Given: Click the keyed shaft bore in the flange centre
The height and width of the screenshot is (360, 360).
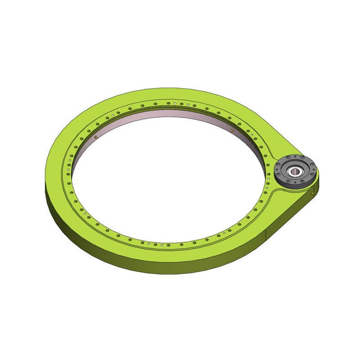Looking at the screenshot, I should pos(296,171).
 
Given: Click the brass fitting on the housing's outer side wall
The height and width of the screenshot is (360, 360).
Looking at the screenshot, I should pos(313,193).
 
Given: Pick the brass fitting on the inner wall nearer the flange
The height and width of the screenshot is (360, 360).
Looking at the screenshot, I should pos(232,130).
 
